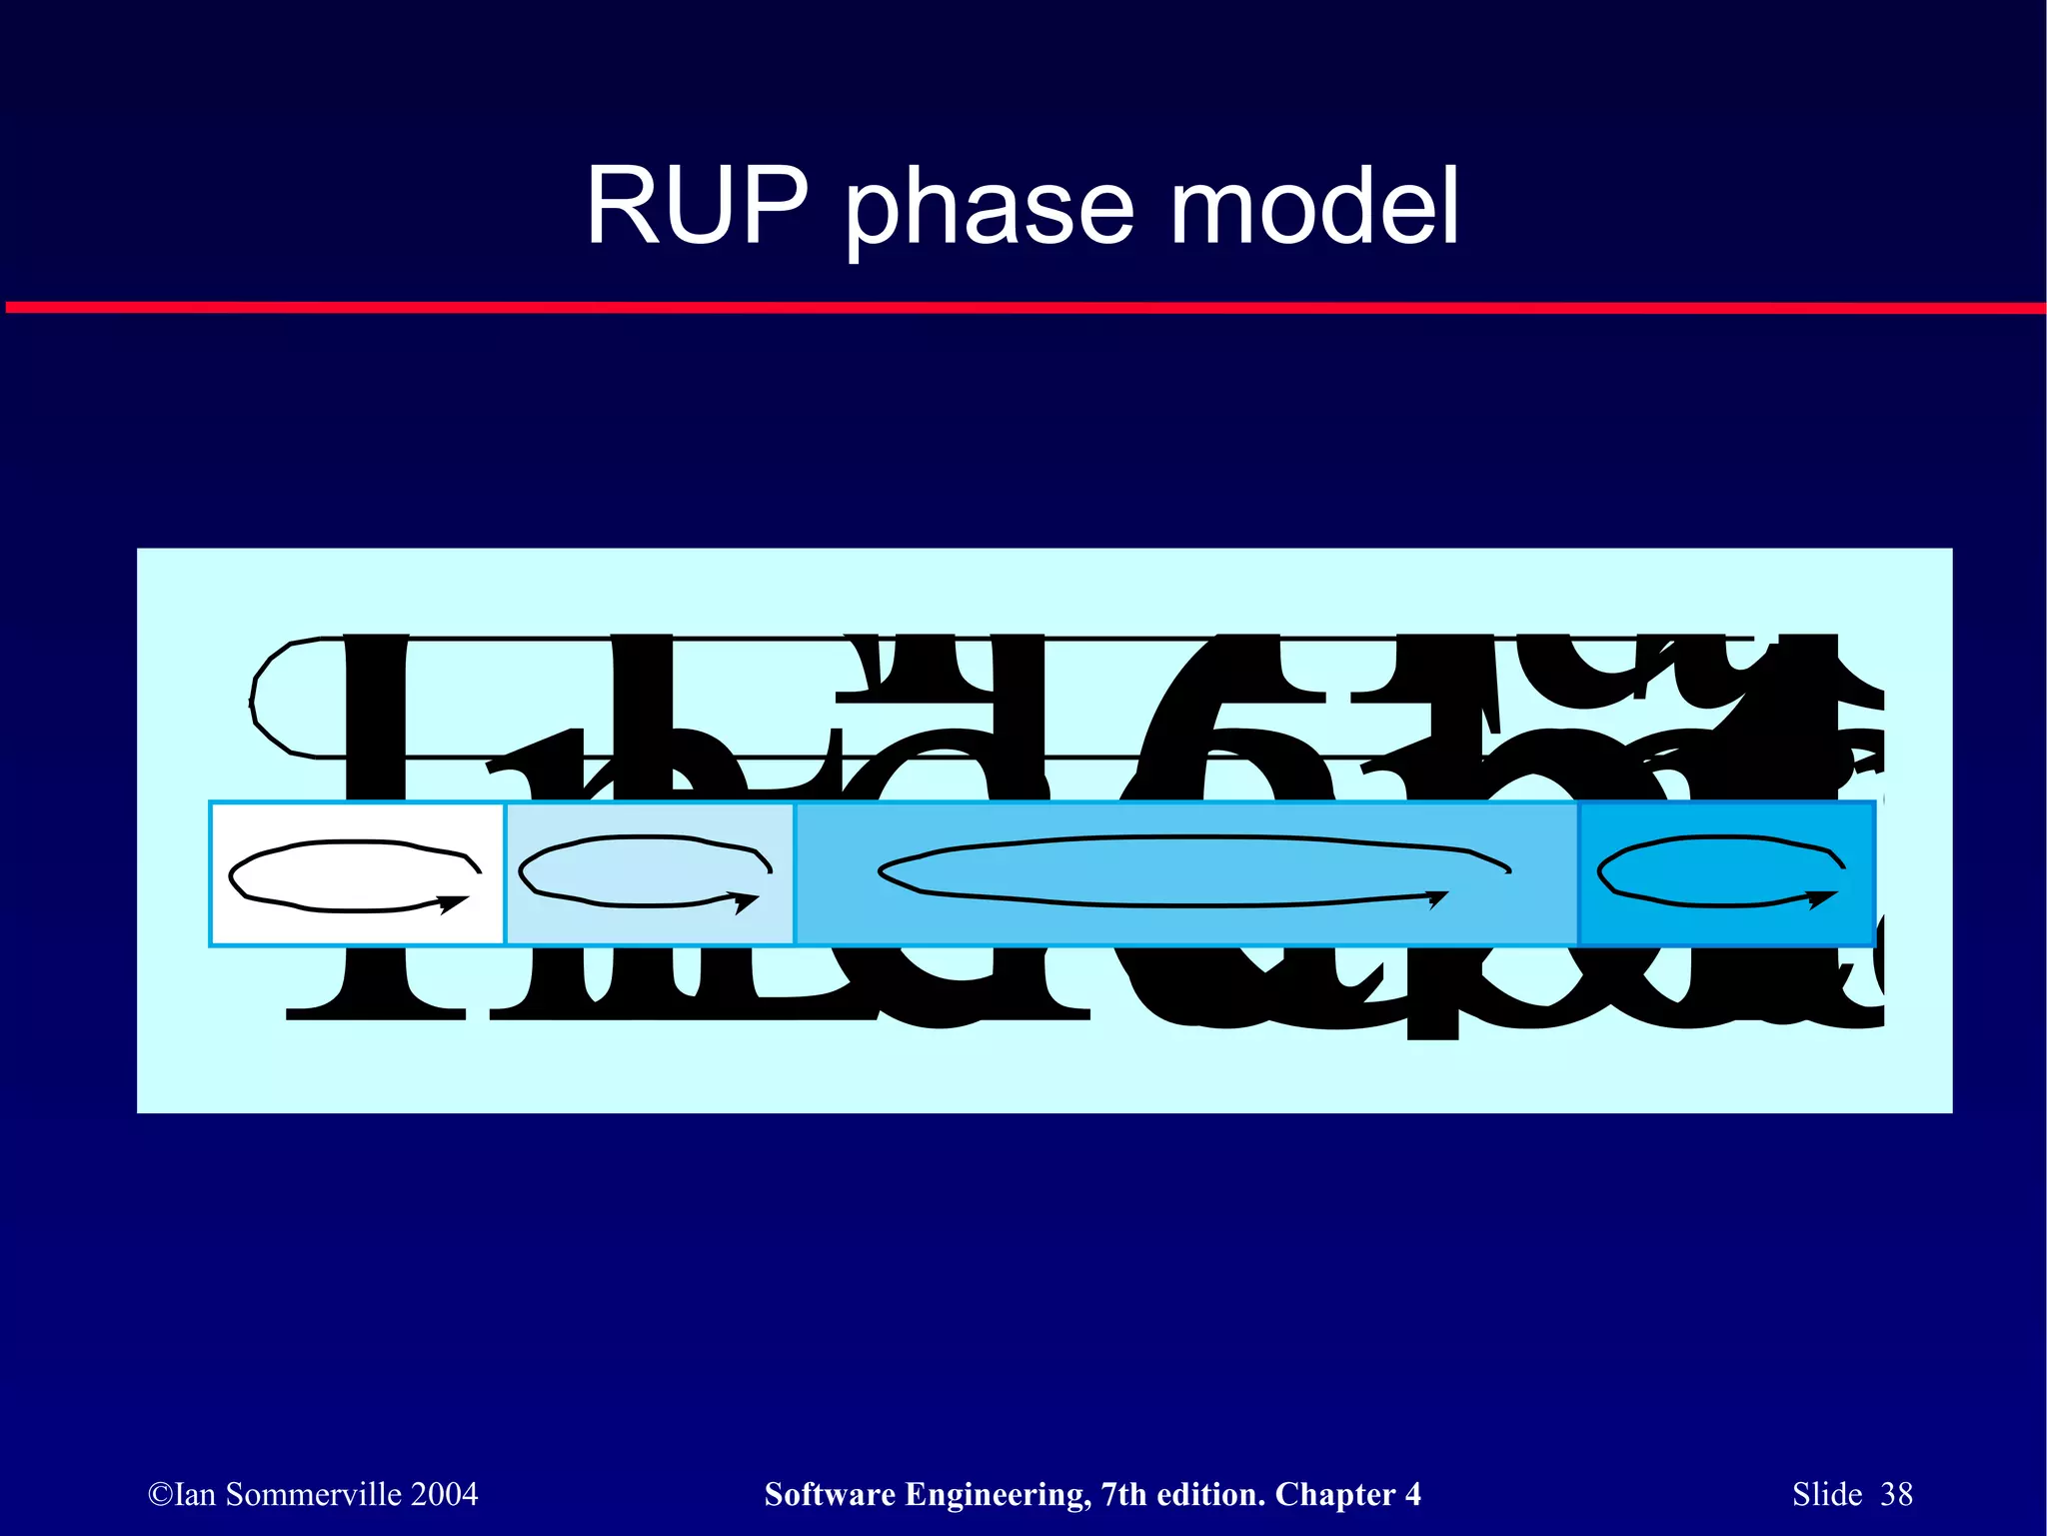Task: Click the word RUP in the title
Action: [x=697, y=206]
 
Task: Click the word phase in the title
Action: [x=990, y=210]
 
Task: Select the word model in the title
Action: [x=1313, y=206]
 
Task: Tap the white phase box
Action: [x=357, y=872]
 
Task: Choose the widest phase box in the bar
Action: [x=1185, y=872]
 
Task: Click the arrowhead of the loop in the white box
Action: [x=455, y=903]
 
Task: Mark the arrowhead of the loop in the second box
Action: [x=746, y=902]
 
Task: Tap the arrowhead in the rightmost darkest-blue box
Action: [x=1823, y=899]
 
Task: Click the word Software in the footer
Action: [x=829, y=1494]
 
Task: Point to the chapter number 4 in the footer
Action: [x=1412, y=1494]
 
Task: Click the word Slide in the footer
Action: [x=1826, y=1494]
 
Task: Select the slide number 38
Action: [x=1896, y=1494]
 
